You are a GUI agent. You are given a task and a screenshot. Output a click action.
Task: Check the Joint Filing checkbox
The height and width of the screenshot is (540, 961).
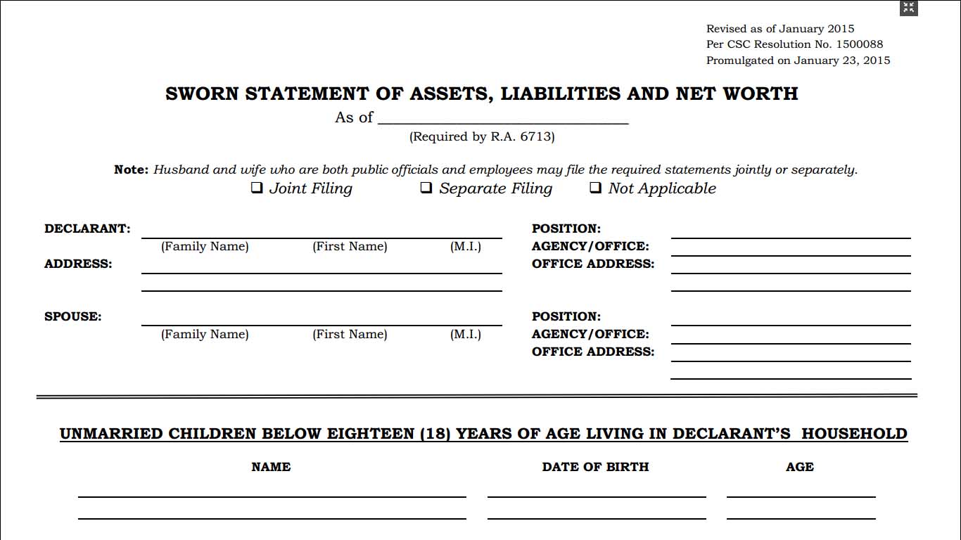pos(257,188)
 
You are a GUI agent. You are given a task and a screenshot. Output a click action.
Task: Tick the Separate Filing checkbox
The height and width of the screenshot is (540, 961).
pos(426,188)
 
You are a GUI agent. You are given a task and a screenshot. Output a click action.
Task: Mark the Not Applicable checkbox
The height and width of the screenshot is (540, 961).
pos(595,188)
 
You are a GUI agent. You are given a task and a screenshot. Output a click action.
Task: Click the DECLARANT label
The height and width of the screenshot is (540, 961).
pos(87,229)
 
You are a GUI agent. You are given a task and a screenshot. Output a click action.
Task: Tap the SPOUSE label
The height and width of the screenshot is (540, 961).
pos(72,316)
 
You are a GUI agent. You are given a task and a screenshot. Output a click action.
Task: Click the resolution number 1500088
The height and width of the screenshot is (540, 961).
pos(859,44)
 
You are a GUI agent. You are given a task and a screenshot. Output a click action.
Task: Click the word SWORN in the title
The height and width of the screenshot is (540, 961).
pos(202,94)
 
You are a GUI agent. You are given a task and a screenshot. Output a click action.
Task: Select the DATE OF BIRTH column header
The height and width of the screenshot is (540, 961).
pos(595,467)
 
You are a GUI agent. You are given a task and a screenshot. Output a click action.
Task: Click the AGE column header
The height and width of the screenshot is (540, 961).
pos(800,467)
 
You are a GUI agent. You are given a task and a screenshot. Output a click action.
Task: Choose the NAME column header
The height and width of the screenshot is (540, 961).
pos(271,467)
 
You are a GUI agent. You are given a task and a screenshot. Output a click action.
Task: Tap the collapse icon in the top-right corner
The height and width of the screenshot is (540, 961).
pos(909,8)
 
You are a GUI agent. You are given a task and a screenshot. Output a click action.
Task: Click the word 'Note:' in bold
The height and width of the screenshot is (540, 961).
pos(132,169)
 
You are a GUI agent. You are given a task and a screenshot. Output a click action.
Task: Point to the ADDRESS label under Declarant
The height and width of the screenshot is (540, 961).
pos(78,264)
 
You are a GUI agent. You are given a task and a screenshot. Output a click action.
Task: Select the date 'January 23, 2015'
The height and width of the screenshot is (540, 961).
pos(842,60)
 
